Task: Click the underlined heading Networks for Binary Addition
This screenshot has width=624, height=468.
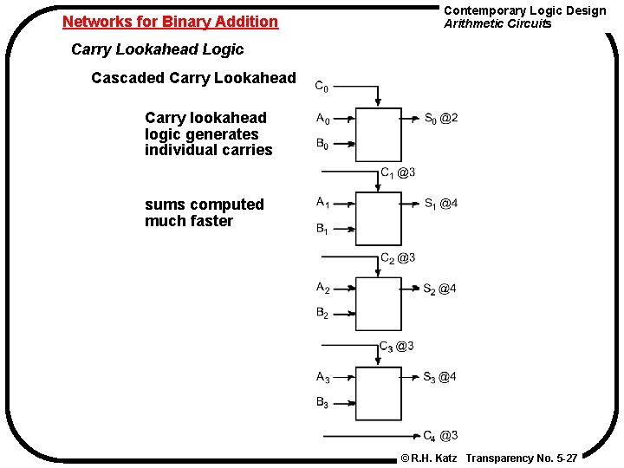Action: [171, 21]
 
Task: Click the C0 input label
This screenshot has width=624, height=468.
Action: [321, 87]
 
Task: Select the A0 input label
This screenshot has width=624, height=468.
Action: [322, 119]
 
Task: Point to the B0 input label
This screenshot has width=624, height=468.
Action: [322, 145]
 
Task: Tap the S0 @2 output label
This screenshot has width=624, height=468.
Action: [441, 118]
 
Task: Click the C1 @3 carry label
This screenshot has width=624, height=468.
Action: [398, 172]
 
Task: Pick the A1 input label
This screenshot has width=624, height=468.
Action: [322, 203]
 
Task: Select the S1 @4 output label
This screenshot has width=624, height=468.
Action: [440, 204]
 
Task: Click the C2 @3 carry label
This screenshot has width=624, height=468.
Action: [398, 257]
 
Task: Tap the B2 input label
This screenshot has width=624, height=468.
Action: [322, 314]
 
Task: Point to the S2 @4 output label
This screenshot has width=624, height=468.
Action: [440, 289]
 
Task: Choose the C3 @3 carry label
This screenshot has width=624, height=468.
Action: [397, 346]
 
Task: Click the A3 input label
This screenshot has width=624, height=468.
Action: [322, 377]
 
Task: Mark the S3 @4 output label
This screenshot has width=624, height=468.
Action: [440, 377]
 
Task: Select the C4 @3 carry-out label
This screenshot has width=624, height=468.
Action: [440, 435]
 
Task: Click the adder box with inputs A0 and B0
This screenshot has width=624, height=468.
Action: [380, 133]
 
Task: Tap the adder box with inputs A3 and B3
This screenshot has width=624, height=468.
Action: [380, 393]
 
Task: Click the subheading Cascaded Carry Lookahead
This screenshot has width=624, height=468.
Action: [193, 78]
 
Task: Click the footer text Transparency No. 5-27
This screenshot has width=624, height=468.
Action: [522, 457]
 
